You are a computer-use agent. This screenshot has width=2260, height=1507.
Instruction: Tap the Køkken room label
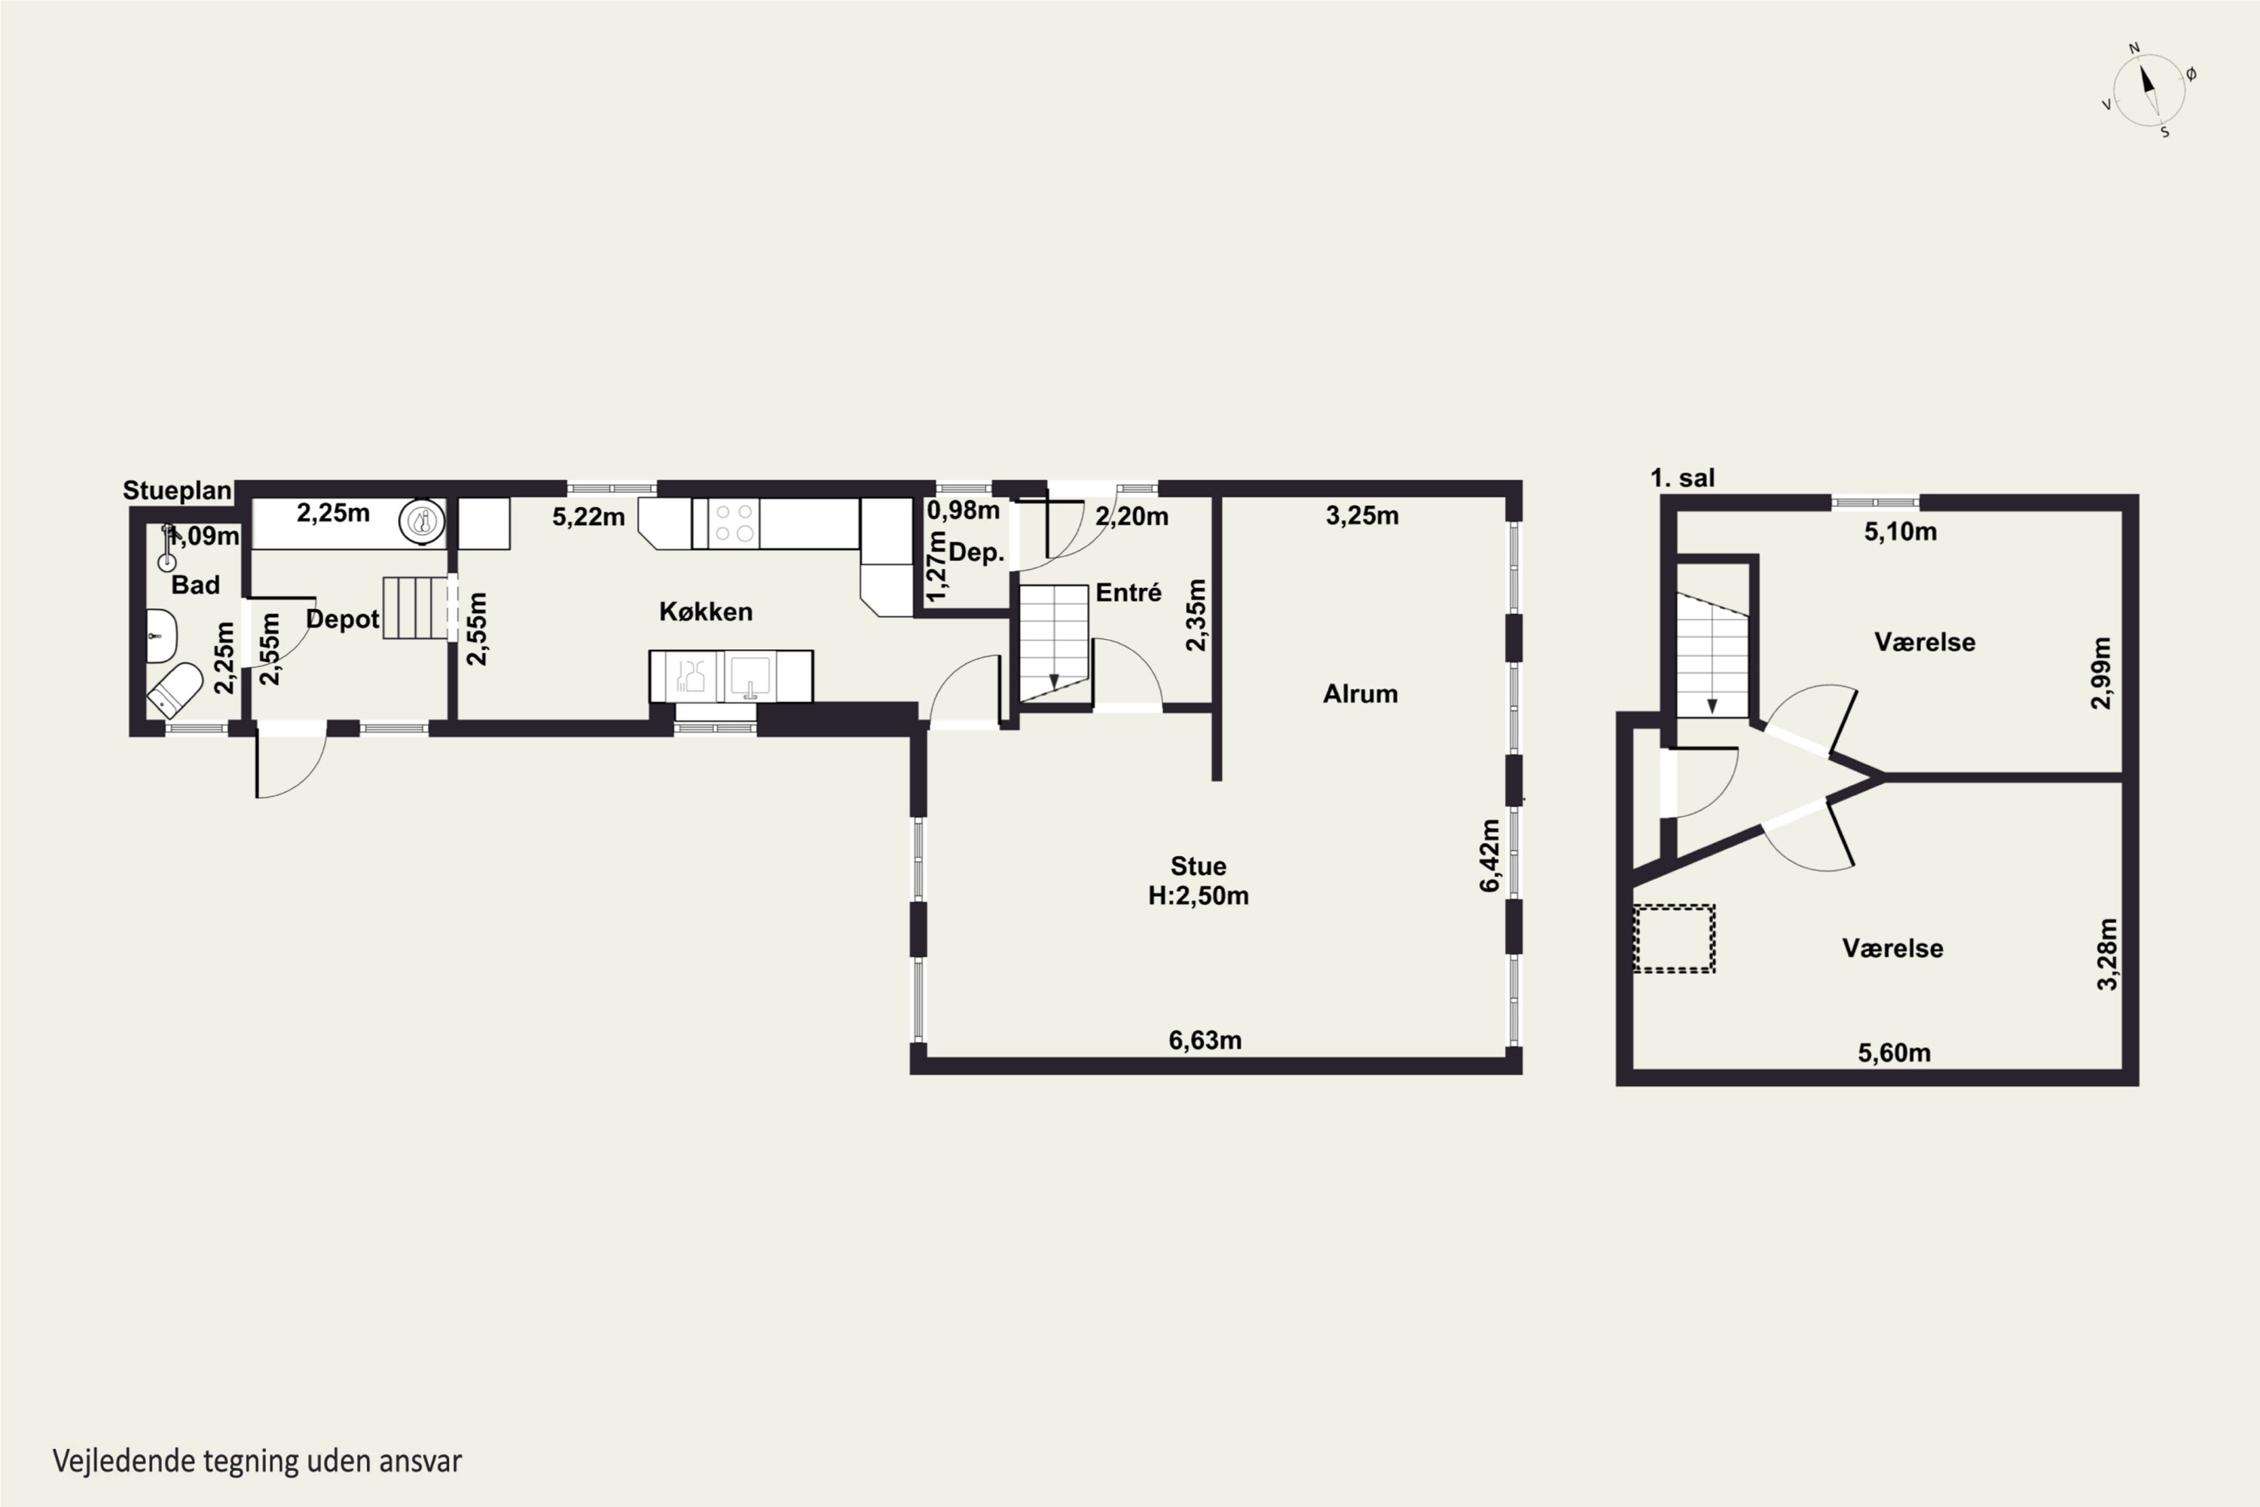[705, 611]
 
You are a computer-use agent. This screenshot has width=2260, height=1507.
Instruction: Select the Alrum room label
[1360, 693]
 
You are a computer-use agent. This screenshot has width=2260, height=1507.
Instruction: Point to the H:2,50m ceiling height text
[1199, 896]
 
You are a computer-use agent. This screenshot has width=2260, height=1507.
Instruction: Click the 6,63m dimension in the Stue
[1205, 1040]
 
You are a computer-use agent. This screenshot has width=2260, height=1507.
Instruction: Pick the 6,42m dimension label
[1489, 855]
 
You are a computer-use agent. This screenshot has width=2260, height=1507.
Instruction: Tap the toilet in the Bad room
[174, 689]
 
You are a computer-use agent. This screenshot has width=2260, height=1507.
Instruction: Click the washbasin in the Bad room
[161, 635]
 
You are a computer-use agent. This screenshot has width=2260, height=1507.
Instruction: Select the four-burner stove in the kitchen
[732, 524]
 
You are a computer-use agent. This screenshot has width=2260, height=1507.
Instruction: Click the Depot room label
[343, 619]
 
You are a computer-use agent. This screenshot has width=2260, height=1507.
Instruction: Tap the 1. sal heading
[1681, 478]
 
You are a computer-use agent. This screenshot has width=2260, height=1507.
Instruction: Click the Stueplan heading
[177, 491]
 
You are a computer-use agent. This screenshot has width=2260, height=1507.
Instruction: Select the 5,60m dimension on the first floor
[1894, 1053]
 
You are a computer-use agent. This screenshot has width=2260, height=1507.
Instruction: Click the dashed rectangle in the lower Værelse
[1674, 938]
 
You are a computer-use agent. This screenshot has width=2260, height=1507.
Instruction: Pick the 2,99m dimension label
[2102, 673]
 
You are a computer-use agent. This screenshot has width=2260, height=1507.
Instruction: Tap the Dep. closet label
[976, 552]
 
